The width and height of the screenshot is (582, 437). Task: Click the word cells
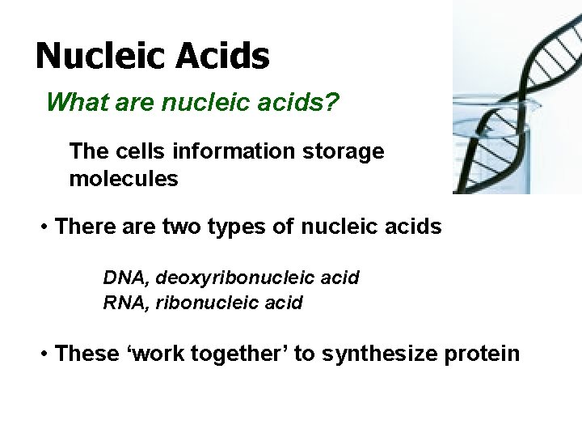pos(138,151)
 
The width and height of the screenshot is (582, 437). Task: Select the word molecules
pos(123,179)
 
